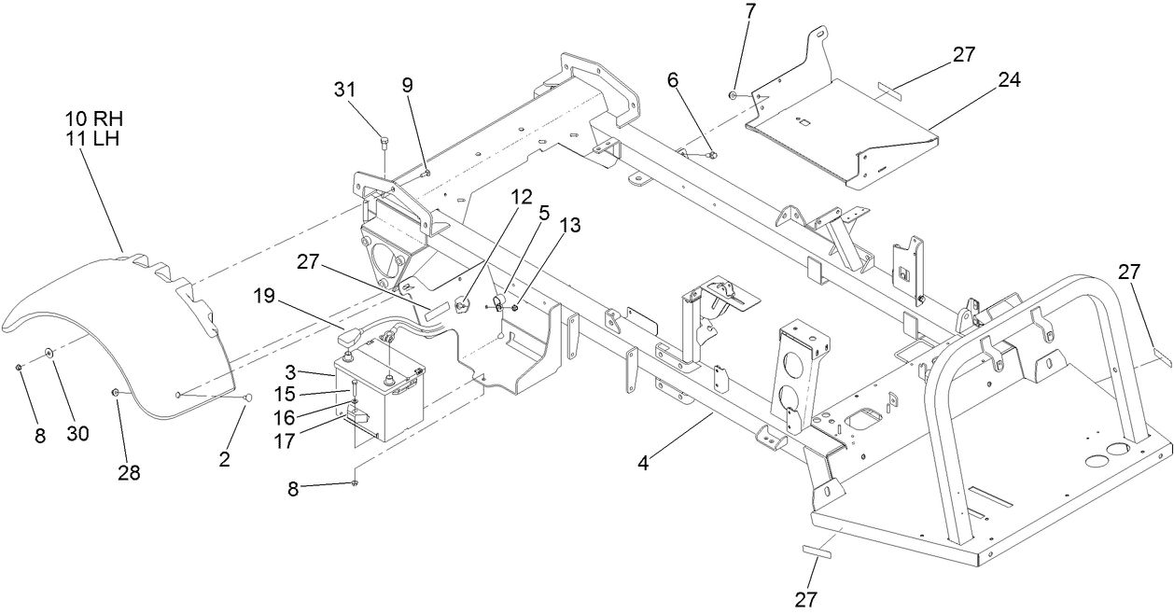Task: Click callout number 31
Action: [345, 90]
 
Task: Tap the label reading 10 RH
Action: [93, 119]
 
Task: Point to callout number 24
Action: [1009, 80]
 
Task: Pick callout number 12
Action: [521, 197]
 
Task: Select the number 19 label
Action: [264, 297]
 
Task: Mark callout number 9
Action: [407, 84]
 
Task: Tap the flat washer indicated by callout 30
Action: [47, 353]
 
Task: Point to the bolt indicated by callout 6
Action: [711, 154]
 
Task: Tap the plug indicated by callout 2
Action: [247, 398]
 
